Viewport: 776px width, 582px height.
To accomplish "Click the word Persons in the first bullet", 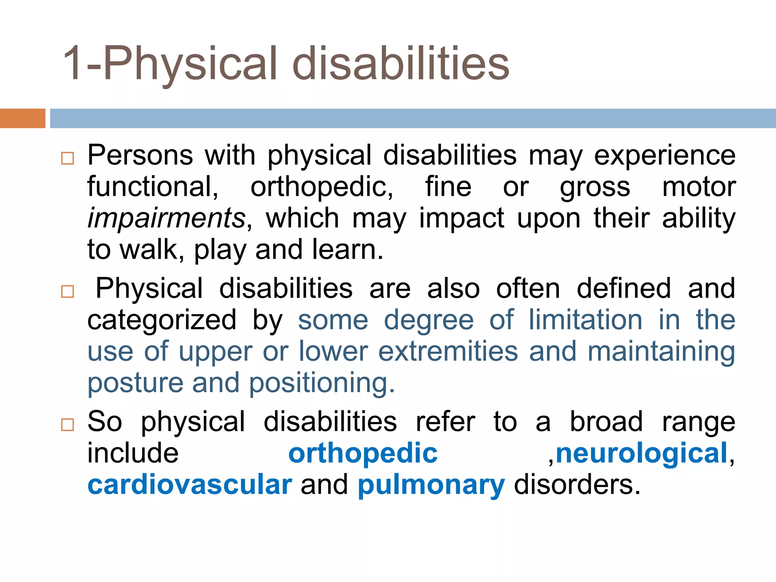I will coord(140,155).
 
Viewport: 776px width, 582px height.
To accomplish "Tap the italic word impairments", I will coord(166,218).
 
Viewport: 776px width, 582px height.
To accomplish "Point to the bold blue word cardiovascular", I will coord(189,485).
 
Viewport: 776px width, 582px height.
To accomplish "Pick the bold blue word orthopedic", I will coord(363,453).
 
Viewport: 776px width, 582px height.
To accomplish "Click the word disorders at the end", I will coord(576,485).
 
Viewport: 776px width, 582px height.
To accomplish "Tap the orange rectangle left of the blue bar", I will coord(22,118).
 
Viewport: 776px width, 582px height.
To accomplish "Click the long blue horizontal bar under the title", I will coord(413,118).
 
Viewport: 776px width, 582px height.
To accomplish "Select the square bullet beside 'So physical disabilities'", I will coord(67,425).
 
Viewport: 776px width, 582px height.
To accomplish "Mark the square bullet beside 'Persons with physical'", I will coord(67,158).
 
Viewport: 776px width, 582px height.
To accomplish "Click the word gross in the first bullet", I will coord(595,188).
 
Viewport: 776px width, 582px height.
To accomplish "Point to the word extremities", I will coord(448,351).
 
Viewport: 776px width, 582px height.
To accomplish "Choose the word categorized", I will coord(162,320).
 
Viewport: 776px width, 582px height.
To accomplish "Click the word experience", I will coord(665,155).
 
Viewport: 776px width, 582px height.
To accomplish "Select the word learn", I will coord(347,250).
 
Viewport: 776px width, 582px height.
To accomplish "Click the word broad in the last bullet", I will coord(606,421).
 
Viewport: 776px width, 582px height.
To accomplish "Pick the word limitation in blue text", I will coord(585,320).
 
